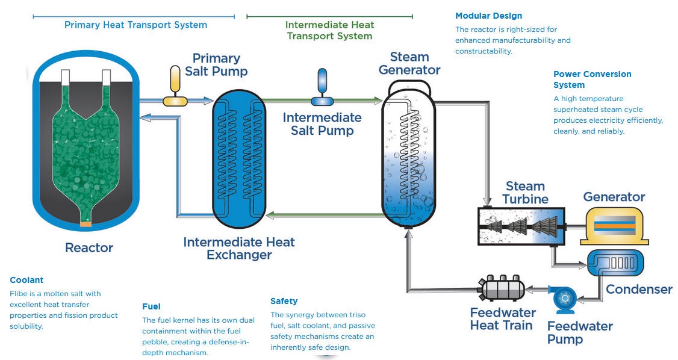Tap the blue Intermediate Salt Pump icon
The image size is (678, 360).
tap(322, 86)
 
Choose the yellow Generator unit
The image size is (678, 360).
tap(614, 225)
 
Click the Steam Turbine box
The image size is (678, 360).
tap(521, 226)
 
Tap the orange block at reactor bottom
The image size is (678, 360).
tap(87, 225)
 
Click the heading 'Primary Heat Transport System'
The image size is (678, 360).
tap(135, 25)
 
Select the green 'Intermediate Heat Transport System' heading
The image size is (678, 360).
tap(329, 31)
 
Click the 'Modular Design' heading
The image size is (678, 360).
tap(488, 16)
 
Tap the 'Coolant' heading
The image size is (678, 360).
tap(26, 280)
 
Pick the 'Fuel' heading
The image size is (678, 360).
tap(151, 306)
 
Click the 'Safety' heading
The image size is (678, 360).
tap(284, 301)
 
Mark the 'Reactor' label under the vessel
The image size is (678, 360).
tap(89, 247)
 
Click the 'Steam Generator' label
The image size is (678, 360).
tap(409, 63)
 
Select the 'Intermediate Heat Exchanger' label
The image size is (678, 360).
tap(239, 249)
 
